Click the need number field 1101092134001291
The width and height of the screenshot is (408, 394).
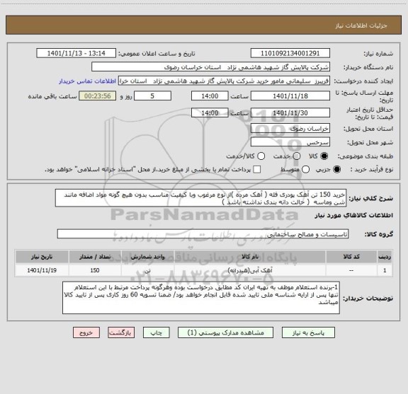tap(291, 53)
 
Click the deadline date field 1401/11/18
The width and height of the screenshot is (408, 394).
tap(291, 95)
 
